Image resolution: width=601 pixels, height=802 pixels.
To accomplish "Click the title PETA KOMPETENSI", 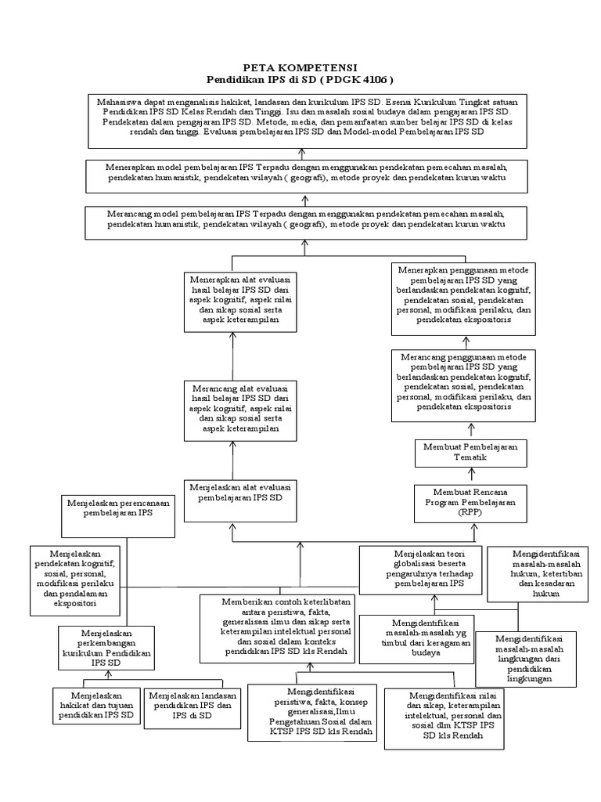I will (301, 69).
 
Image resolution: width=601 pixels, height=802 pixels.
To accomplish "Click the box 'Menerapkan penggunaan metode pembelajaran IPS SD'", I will (464, 298).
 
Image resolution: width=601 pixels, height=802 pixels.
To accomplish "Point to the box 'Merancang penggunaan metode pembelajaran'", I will (464, 385).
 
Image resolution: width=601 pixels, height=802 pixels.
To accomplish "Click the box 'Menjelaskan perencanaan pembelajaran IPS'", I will (118, 515).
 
